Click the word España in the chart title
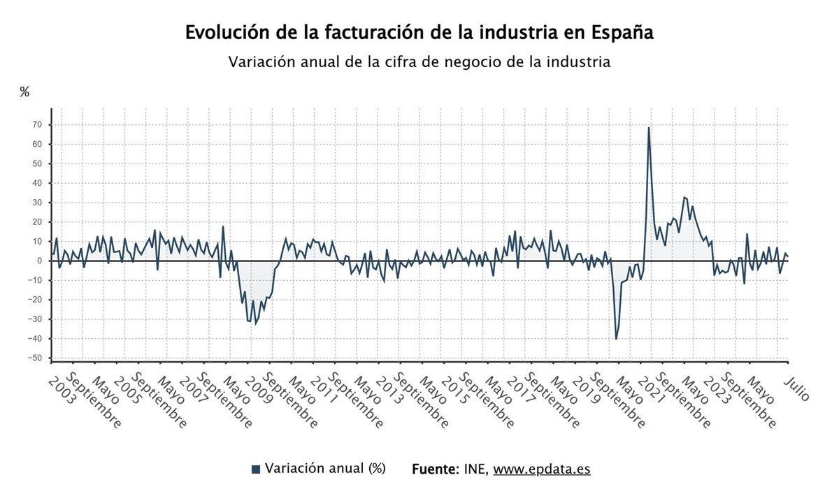pos(622,33)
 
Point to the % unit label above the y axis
pos(24,92)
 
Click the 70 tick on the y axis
pos(36,125)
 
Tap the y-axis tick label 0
pos(40,261)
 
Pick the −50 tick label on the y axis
pos(34,358)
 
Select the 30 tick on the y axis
pos(36,203)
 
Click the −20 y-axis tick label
pos(34,300)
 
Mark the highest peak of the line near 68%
pos(649,128)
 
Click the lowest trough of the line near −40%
pos(616,339)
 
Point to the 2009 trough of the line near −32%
pos(255,323)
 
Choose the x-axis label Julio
pos(797,388)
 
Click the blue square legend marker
pos(255,469)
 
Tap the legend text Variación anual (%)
pos(325,469)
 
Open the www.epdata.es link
pos(541,469)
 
